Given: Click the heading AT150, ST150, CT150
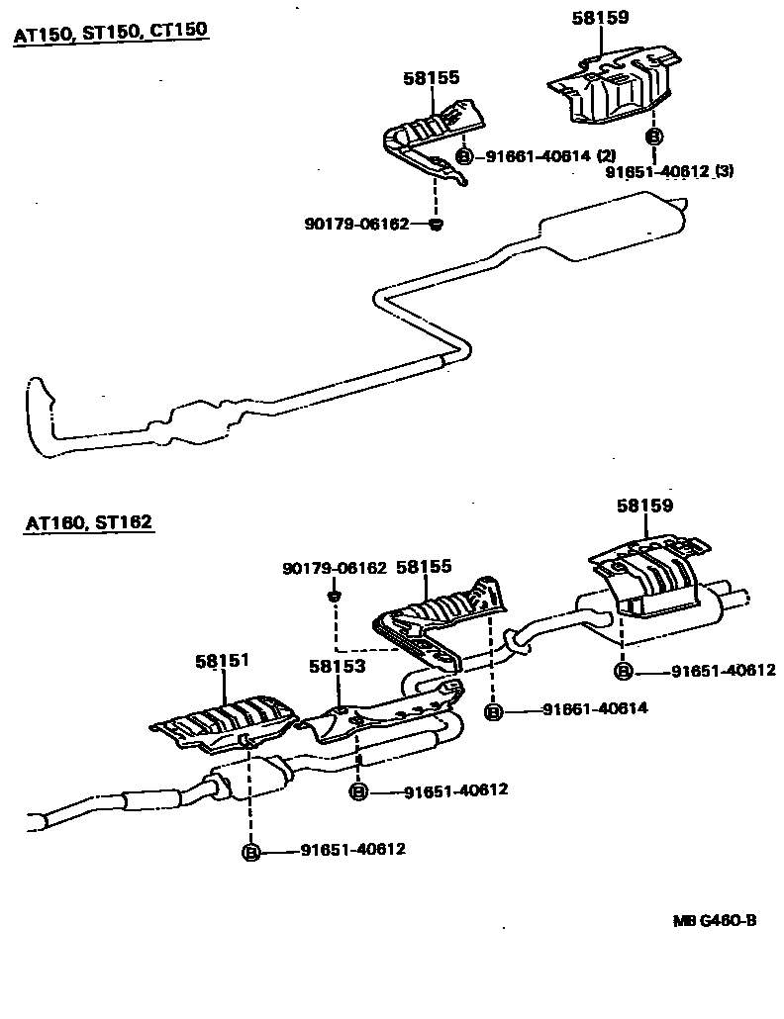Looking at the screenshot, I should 110,33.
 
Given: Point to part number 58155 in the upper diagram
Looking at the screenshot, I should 432,77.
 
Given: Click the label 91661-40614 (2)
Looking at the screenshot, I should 550,156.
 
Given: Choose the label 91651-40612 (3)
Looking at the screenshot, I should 669,171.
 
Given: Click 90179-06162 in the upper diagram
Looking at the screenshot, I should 356,225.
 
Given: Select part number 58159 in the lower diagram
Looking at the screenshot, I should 645,505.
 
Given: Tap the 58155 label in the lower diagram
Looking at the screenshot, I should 424,567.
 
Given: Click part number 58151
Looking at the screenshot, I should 221,659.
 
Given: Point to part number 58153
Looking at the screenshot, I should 337,666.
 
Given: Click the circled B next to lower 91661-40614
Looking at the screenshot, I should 493,709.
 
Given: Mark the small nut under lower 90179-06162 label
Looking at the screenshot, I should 335,596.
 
